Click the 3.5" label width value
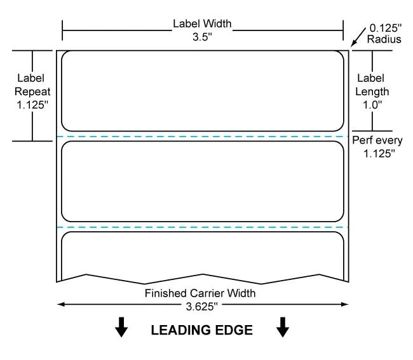[202, 37]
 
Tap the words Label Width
[202, 23]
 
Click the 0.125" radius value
[385, 28]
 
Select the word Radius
[384, 39]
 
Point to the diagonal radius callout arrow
[358, 37]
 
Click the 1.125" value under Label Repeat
[32, 105]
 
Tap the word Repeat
[32, 91]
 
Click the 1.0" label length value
[372, 105]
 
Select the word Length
[372, 91]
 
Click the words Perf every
[377, 140]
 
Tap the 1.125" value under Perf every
[379, 154]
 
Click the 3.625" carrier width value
[202, 307]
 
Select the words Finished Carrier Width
[200, 293]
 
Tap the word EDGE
[234, 330]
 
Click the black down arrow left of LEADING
[121, 327]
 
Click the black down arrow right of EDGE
[283, 327]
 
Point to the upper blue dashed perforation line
[202, 137]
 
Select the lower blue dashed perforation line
[202, 227]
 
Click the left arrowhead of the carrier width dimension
[60, 305]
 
